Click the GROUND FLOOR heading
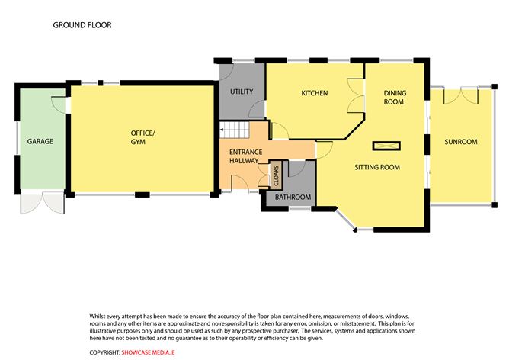[82, 25]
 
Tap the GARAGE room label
[40, 141]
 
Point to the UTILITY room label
[242, 92]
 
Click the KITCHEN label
[315, 93]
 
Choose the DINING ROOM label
[395, 98]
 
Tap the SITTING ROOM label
[377, 167]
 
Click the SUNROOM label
[461, 142]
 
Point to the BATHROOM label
[293, 198]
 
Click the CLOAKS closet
[277, 175]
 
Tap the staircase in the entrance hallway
[235, 130]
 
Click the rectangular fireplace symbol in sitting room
[386, 146]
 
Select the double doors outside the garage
[43, 203]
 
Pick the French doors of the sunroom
[461, 95]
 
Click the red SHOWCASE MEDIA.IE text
[148, 352]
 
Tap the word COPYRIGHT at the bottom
[105, 352]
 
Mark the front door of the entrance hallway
[240, 184]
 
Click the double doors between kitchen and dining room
[356, 95]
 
